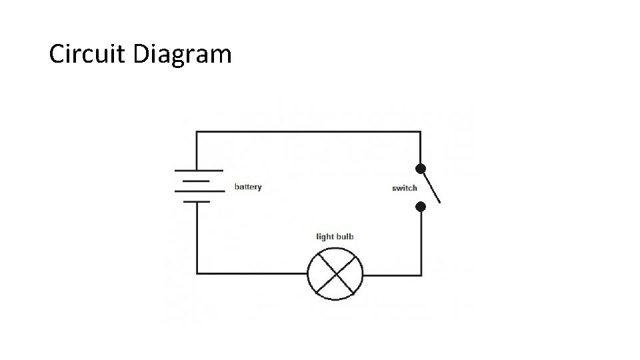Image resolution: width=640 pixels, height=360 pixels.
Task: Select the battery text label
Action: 248,187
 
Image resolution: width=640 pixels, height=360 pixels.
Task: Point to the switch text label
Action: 404,188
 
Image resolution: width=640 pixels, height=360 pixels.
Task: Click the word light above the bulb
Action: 325,237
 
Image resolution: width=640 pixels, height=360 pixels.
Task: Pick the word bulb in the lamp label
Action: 345,237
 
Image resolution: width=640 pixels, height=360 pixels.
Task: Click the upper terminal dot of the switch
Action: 421,168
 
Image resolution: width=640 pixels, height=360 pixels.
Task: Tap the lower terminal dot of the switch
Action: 421,207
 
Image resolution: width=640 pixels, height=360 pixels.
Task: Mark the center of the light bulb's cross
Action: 335,273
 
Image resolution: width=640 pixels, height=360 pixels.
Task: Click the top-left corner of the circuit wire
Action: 197,132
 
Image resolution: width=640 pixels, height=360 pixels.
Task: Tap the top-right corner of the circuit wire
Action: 421,132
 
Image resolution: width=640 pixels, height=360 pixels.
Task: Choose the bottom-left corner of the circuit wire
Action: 197,273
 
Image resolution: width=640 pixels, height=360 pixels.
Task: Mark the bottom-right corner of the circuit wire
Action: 421,273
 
